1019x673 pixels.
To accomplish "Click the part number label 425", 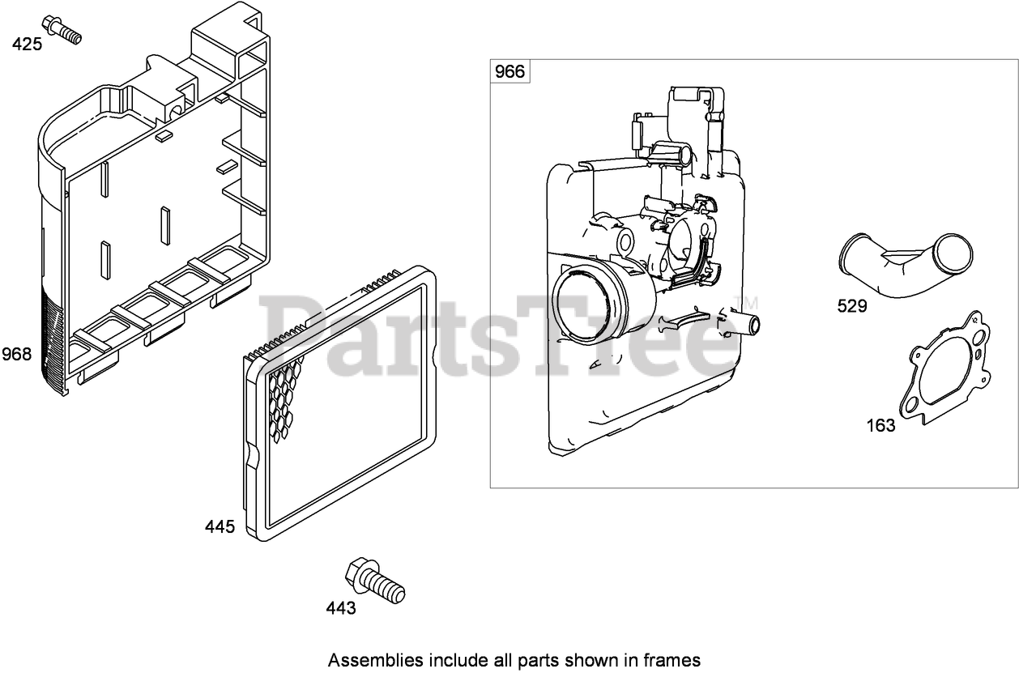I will pos(27,44).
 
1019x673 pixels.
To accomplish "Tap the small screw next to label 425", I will pos(62,28).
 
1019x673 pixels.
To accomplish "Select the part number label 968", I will pos(16,354).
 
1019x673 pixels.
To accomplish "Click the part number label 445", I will pos(220,527).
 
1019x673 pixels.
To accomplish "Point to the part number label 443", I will pos(341,608).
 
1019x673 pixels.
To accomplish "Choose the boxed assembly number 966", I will pos(509,72).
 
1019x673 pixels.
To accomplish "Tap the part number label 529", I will pos(852,306).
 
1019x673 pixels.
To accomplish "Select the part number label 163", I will pos(880,425).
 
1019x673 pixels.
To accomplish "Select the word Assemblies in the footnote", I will pos(368,659).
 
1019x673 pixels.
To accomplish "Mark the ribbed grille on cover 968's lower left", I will pos(53,340).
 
